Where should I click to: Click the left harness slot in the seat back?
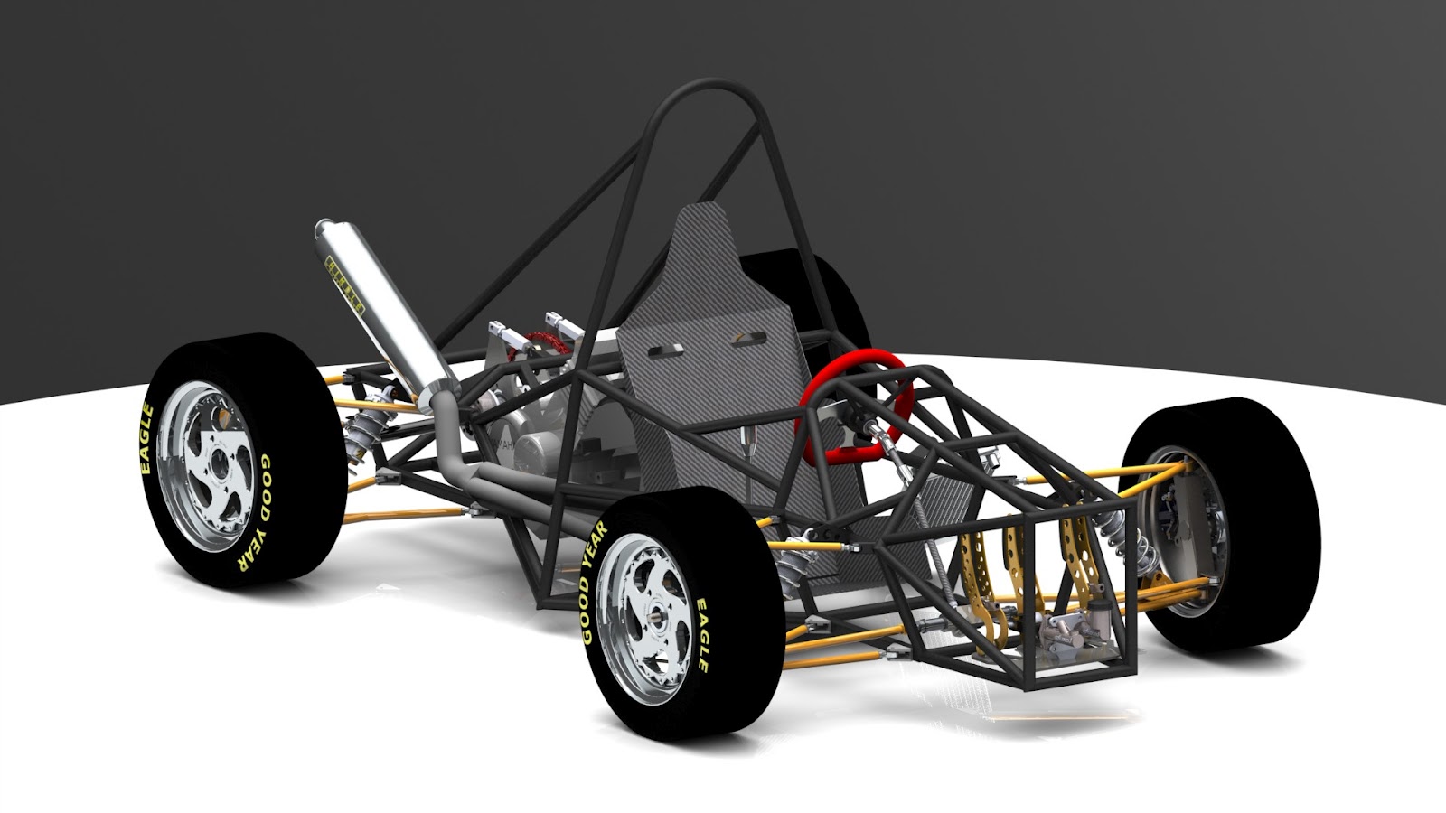coord(667,348)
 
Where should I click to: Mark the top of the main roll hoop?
coord(713,87)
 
